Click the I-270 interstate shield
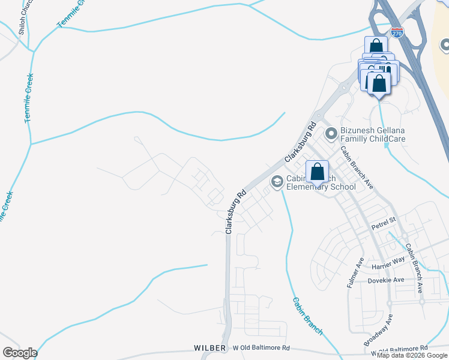pyautogui.click(x=397, y=32)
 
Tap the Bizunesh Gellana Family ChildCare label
pyautogui.click(x=373, y=135)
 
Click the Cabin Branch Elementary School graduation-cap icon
pyautogui.click(x=277, y=181)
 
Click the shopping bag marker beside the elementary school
pyautogui.click(x=318, y=172)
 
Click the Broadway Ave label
pyautogui.click(x=379, y=329)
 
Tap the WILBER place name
pyautogui.click(x=210, y=348)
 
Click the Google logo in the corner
pyautogui.click(x=20, y=353)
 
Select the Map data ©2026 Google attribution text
pyautogui.click(x=412, y=355)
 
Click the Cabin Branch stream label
pyautogui.click(x=308, y=316)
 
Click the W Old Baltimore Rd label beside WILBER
pyautogui.click(x=261, y=348)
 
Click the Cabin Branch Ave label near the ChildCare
pyautogui.click(x=357, y=167)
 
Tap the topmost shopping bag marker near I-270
pyautogui.click(x=376, y=47)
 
